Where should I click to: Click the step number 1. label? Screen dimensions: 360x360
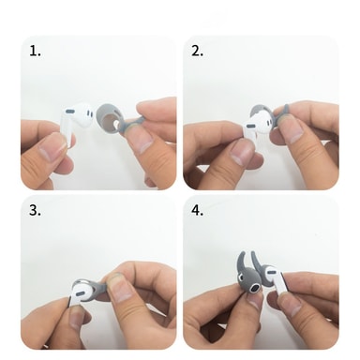(x=35, y=51)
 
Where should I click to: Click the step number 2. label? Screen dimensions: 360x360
(x=197, y=51)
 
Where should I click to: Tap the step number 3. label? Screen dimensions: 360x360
(x=35, y=210)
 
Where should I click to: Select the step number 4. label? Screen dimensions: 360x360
(x=197, y=210)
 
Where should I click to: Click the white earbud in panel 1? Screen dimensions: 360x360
(x=75, y=121)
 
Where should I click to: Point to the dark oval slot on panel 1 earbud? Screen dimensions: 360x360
(x=69, y=111)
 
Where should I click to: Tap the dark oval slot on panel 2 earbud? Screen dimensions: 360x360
(x=251, y=127)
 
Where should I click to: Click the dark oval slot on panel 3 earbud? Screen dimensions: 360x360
(x=82, y=294)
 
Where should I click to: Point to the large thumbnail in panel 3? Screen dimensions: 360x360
(x=119, y=289)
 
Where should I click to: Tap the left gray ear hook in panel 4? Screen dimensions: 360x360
(x=241, y=262)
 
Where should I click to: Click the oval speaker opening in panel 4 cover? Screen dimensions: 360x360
(x=255, y=288)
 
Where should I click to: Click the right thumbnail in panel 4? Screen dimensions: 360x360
(x=290, y=301)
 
